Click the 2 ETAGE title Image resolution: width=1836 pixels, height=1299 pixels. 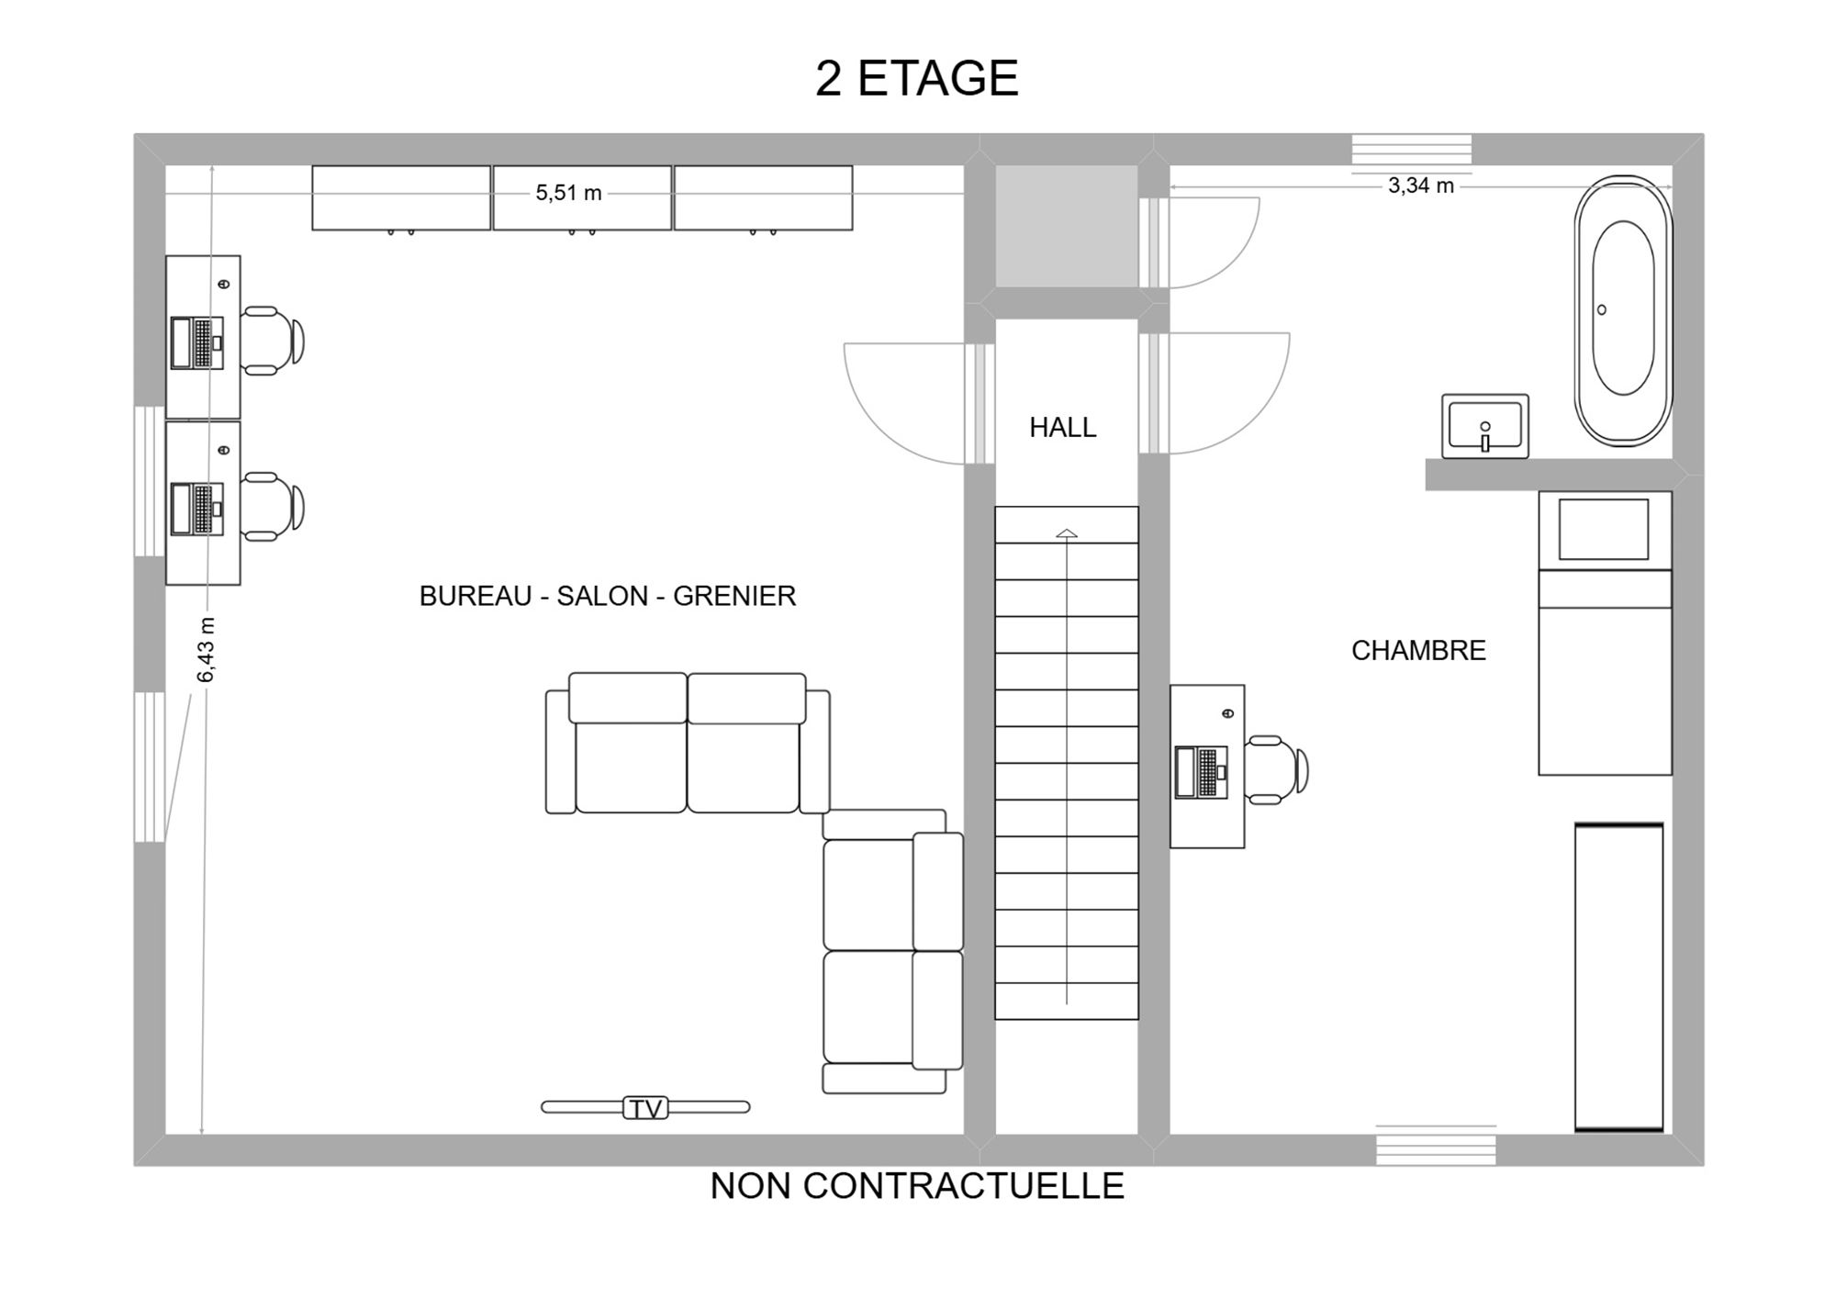point(916,78)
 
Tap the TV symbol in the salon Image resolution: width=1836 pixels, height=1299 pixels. point(645,1108)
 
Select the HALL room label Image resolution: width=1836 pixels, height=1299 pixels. point(1062,427)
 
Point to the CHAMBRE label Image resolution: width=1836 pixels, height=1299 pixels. point(1418,650)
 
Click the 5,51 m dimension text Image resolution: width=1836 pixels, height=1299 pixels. point(568,193)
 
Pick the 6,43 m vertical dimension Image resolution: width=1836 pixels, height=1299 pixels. point(207,650)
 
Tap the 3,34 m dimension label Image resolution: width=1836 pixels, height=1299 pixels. point(1420,185)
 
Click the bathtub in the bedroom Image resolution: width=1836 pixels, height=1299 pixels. point(1623,310)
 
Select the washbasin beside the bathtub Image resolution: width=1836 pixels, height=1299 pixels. point(1484,426)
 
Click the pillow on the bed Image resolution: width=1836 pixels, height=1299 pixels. point(1604,530)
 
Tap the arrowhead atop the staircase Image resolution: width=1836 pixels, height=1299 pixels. point(1067,533)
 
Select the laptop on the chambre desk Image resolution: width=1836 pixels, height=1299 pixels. point(1201,772)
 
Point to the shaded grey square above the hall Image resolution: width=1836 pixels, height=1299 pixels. point(1067,226)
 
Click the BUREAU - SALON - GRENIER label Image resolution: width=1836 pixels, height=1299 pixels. point(608,596)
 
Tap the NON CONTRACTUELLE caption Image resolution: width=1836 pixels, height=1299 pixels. point(917,1186)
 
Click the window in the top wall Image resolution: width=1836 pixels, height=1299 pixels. point(1412,150)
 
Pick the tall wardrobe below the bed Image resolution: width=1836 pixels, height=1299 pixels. point(1619,977)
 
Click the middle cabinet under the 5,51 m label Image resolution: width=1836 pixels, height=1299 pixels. point(582,198)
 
